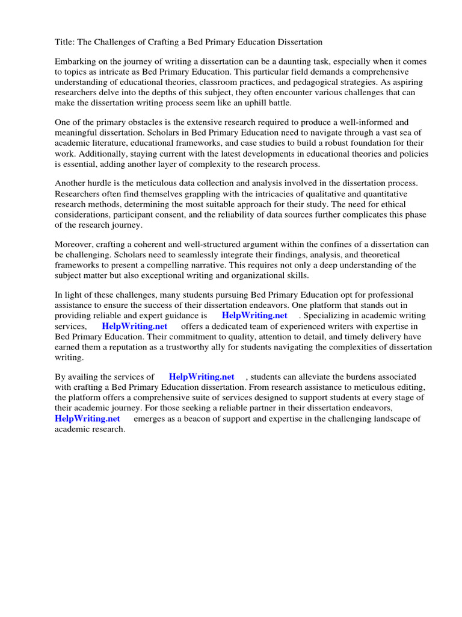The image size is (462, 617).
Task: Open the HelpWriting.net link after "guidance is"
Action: pos(254,315)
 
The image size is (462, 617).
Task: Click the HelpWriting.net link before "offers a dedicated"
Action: pos(134,326)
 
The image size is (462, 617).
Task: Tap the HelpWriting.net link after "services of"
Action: pos(202,377)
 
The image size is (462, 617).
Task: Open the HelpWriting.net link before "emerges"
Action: pos(87,418)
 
